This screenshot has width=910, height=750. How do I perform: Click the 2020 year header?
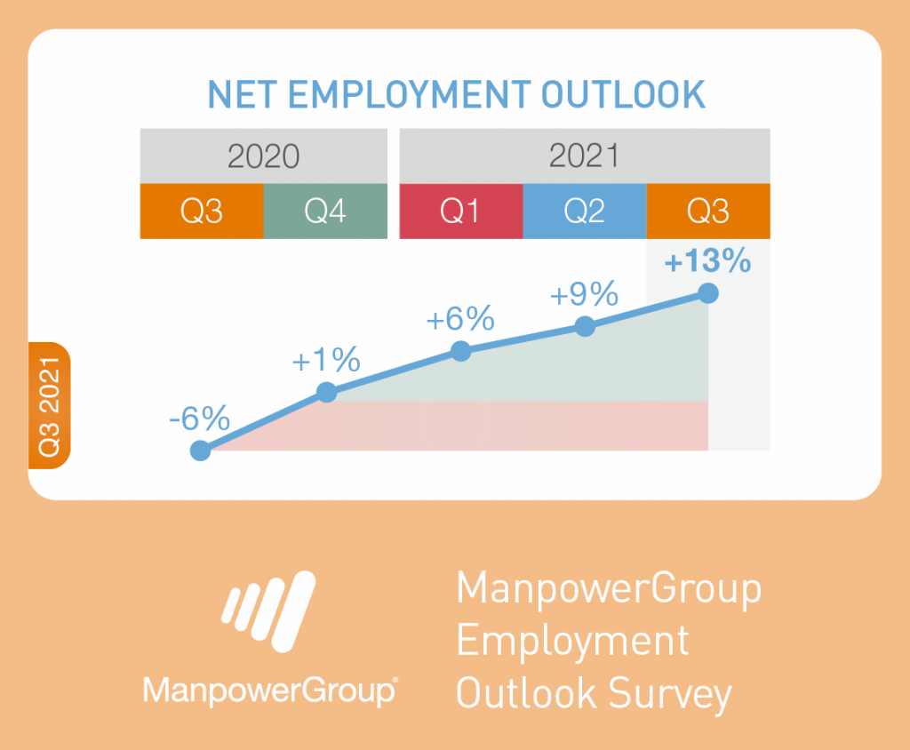point(263,156)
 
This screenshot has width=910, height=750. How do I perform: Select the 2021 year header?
point(585,156)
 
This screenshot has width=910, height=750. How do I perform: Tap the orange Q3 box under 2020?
point(202,211)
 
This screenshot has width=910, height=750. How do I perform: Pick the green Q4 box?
point(325,211)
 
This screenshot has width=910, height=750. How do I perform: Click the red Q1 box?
point(461,211)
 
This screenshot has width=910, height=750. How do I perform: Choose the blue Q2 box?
point(585,211)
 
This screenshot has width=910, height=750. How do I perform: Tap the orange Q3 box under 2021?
point(708,211)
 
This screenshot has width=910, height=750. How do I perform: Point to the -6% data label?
point(200,418)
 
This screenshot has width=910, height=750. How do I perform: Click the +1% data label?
point(326,360)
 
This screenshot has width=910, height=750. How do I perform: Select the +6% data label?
point(460,319)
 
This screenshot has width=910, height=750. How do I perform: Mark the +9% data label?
point(584,294)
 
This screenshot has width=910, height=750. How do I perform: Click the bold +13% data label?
point(707,260)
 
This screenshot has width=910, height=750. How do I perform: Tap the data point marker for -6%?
point(201,451)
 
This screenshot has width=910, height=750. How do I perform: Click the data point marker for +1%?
point(327,393)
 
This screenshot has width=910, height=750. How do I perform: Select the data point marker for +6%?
point(461,351)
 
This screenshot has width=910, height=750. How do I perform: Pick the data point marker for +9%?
point(585,326)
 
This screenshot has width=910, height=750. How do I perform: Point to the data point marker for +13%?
point(708,293)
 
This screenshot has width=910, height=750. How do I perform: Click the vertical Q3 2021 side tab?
point(50,406)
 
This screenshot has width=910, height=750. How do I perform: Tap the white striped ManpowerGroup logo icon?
point(268,611)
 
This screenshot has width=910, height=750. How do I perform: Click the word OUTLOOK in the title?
point(623,94)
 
